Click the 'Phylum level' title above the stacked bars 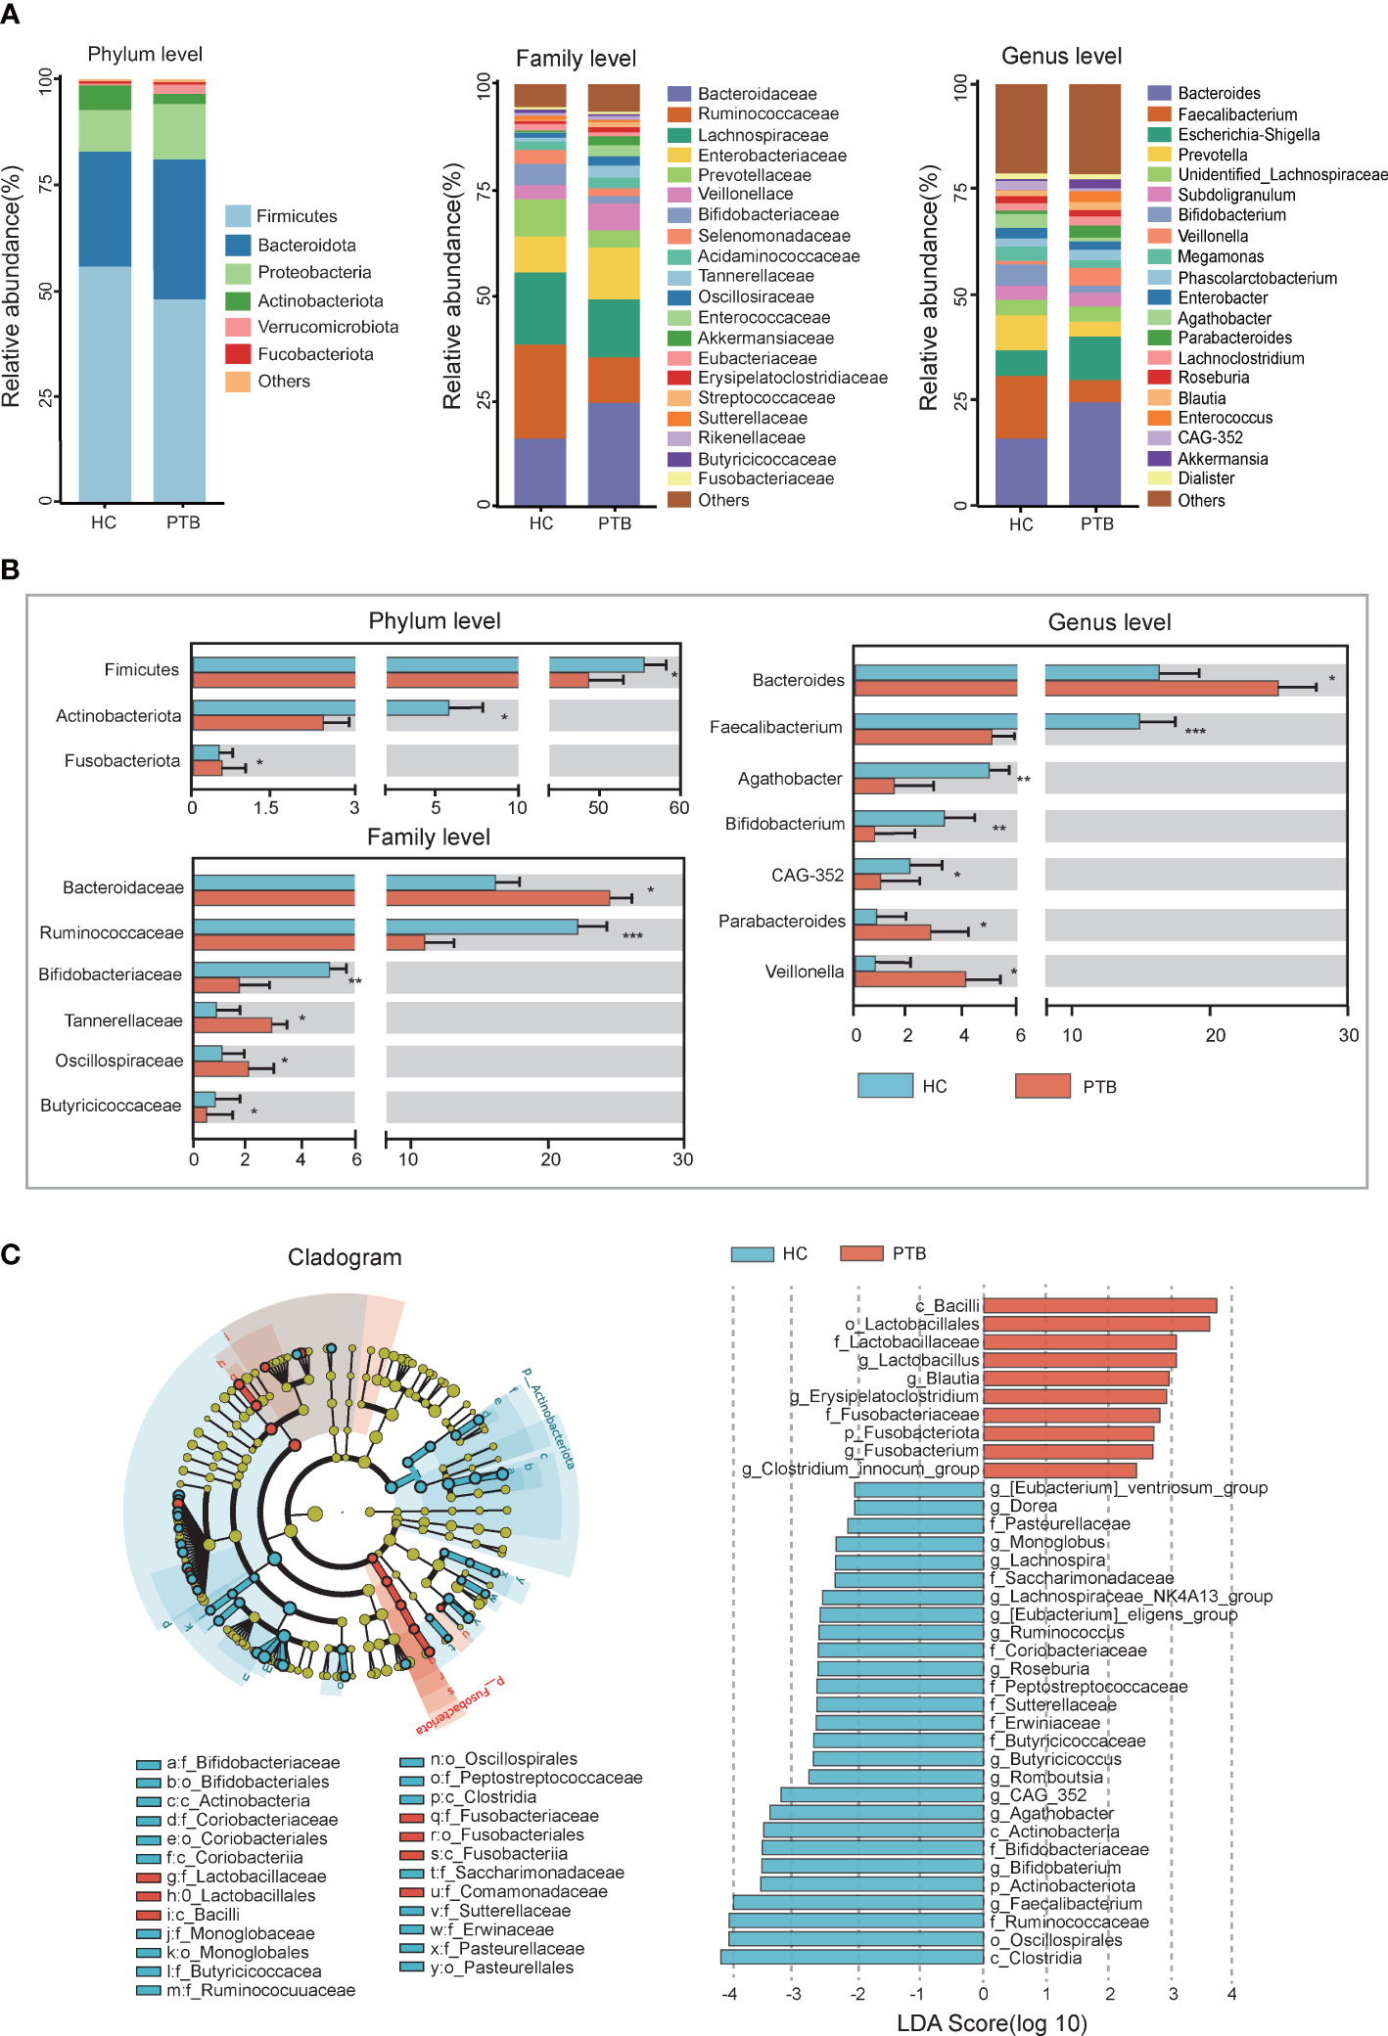pos(145,54)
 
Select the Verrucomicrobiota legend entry pos(327,327)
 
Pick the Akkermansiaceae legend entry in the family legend pos(764,338)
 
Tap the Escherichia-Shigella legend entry pos(1247,135)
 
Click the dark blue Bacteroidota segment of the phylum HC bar pos(105,208)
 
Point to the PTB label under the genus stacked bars pos(1096,524)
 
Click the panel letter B pos(11,569)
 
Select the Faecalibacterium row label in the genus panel pos(775,727)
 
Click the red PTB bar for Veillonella pos(909,978)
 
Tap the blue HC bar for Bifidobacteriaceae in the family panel pos(261,970)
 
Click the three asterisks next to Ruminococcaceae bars pos(632,936)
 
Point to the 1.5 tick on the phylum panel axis pos(266,808)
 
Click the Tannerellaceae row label pos(122,1020)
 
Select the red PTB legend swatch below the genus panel pos(1042,1086)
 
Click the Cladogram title pos(345,1257)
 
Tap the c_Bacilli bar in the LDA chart pos(1099,1305)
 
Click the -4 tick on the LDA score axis pos(729,1994)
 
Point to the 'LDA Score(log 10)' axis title pos(992,2022)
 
